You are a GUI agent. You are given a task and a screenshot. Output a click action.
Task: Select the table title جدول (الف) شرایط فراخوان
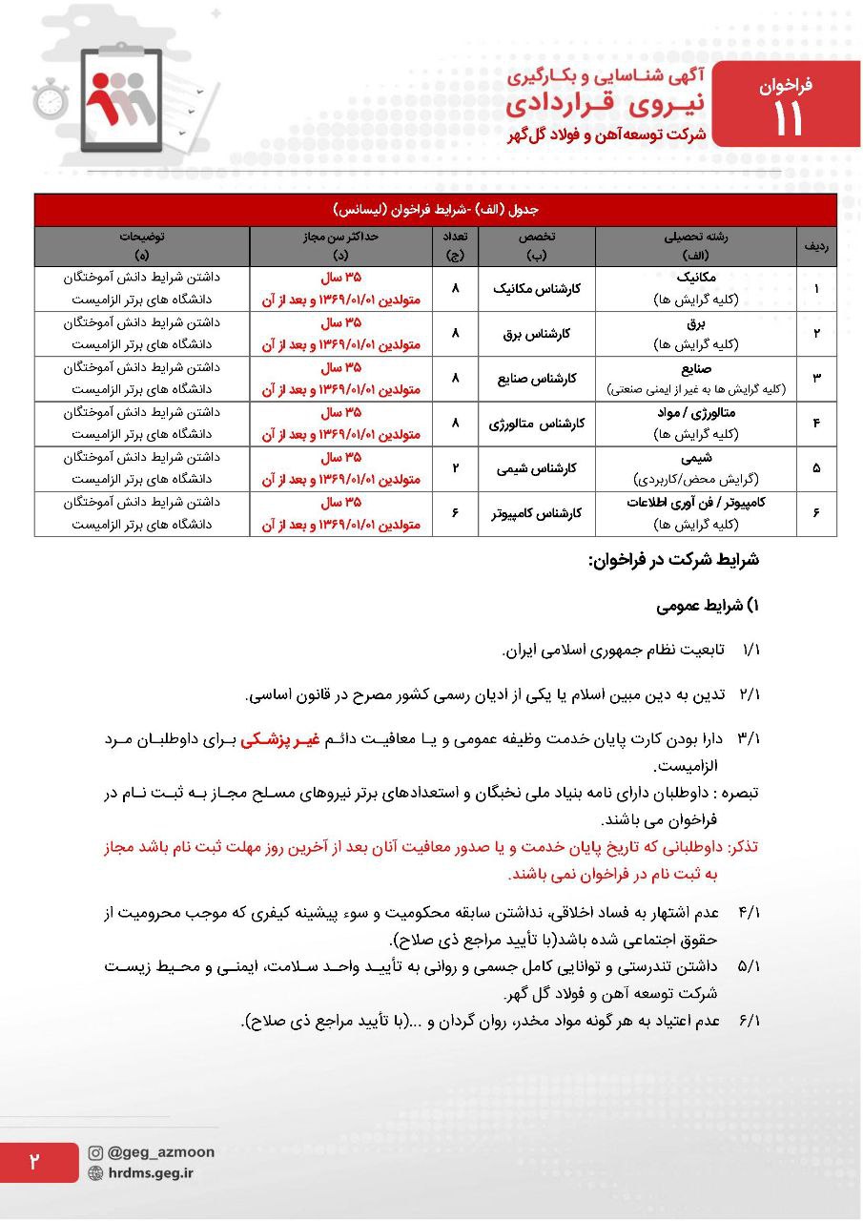(x=435, y=210)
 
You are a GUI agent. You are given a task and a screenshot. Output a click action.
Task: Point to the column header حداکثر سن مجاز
(x=341, y=238)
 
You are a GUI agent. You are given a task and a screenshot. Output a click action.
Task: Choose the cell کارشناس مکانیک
(x=537, y=288)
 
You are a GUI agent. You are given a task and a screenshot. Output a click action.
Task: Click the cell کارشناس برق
(x=537, y=334)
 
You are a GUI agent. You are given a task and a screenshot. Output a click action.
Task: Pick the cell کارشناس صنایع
(x=537, y=379)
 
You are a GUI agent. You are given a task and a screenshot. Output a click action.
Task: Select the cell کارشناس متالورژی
(x=537, y=424)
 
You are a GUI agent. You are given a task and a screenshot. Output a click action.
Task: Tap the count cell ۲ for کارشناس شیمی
(x=456, y=468)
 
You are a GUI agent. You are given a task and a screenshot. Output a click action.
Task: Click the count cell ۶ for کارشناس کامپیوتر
(x=456, y=514)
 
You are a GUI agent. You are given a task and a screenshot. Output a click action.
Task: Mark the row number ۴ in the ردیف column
(x=816, y=424)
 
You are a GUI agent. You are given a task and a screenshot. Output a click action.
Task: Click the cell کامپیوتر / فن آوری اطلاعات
(x=696, y=504)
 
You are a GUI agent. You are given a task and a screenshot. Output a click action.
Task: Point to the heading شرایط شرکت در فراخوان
(x=673, y=561)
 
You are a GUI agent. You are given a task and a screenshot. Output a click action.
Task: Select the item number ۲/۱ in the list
(x=749, y=694)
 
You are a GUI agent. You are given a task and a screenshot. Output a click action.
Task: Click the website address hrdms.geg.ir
(x=151, y=1173)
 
